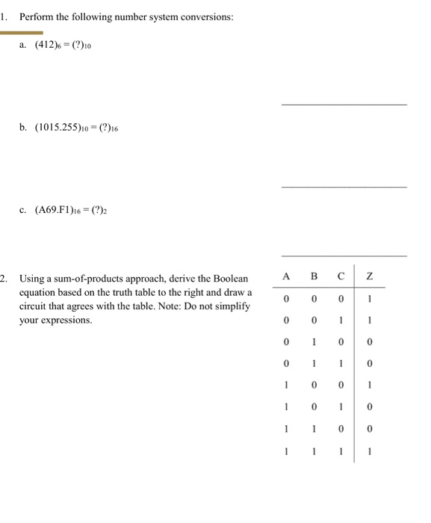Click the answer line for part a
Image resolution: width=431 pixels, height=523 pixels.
pyautogui.click(x=344, y=105)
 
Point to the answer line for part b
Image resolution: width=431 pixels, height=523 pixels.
pyautogui.click(x=344, y=186)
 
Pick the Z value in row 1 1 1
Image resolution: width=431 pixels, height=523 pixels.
pyautogui.click(x=370, y=451)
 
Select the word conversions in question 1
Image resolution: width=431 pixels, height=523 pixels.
pyautogui.click(x=208, y=16)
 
